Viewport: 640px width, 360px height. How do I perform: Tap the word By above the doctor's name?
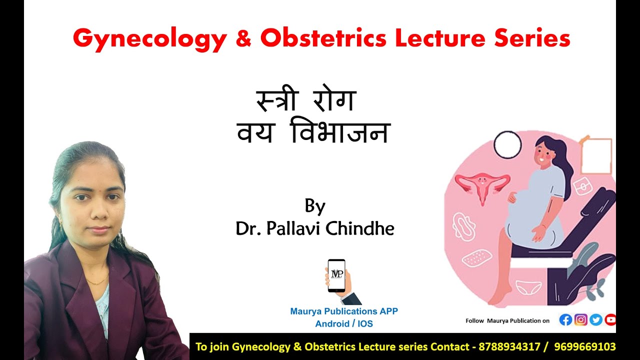tap(315, 205)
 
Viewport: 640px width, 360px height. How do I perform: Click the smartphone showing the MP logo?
tap(336, 275)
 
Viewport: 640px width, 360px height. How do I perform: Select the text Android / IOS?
tap(343, 324)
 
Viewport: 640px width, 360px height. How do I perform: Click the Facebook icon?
tap(565, 320)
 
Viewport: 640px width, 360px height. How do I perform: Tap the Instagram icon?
tap(580, 320)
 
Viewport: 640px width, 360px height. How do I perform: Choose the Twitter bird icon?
tap(595, 320)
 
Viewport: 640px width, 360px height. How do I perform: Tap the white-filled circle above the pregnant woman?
tap(507, 144)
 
